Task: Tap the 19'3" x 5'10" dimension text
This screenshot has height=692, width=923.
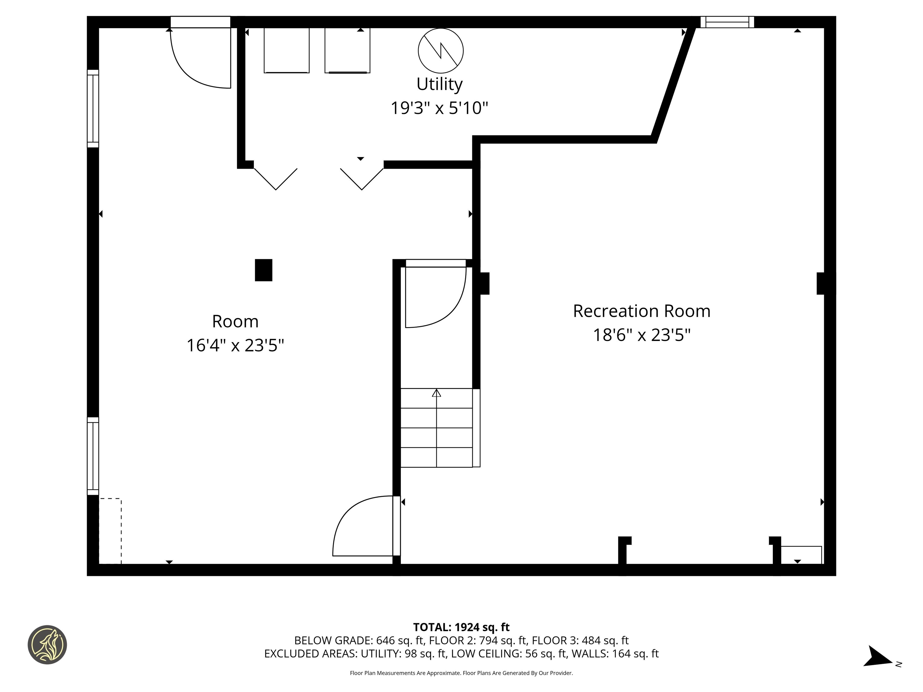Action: coord(439,108)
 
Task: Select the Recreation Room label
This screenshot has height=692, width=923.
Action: coord(641,311)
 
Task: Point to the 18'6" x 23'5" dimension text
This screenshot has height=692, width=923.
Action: coord(641,335)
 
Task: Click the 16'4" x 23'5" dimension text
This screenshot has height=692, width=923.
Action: coord(235,345)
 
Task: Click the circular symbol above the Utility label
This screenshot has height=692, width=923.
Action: coord(441,50)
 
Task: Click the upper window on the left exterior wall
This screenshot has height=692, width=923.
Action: coord(93,108)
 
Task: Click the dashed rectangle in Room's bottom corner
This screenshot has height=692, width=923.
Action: coord(110,531)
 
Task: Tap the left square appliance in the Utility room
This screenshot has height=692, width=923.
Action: coord(286,50)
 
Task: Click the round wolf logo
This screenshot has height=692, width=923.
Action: coord(47,645)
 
